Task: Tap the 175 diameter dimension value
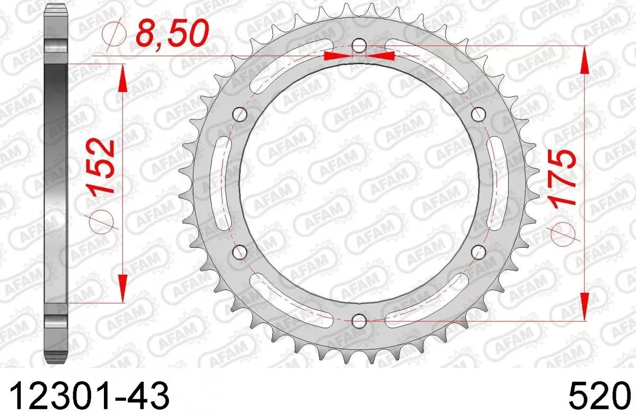[x=561, y=178]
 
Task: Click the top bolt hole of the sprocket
[x=359, y=46]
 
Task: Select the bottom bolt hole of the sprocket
[x=359, y=320]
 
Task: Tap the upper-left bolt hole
[x=241, y=113]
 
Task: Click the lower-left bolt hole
[x=241, y=251]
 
